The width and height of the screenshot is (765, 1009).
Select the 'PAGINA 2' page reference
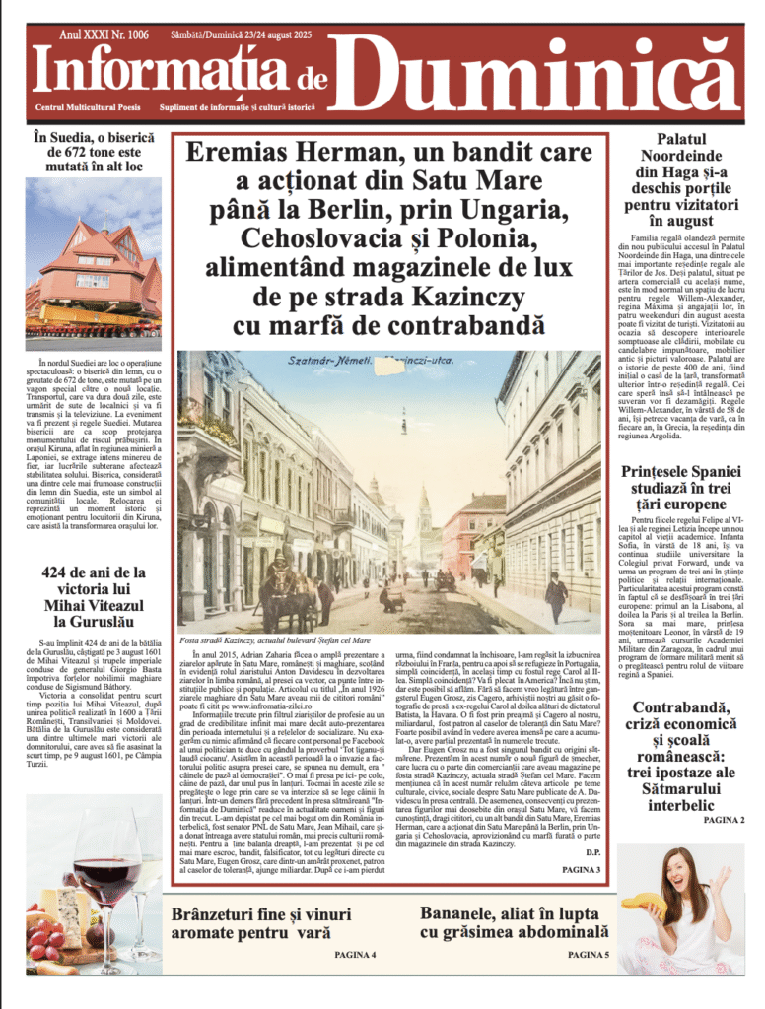pyautogui.click(x=724, y=820)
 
